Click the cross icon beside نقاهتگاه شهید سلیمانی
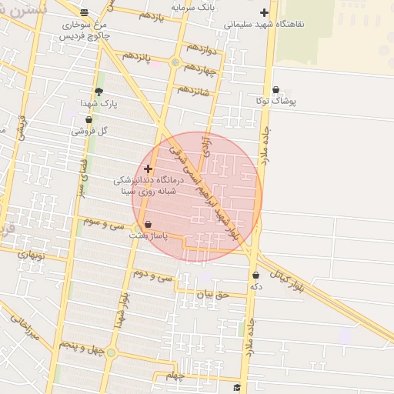[265, 12]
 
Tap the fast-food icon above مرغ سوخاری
[84, 12]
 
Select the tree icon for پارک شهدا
[98, 91]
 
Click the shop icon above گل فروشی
[88, 120]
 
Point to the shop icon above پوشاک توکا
[275, 90]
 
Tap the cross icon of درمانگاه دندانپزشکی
[148, 168]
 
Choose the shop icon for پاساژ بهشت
[148, 225]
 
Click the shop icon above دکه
[255, 275]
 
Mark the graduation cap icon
[237, 387]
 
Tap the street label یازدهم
[153, 16]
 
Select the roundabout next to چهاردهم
[175, 62]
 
